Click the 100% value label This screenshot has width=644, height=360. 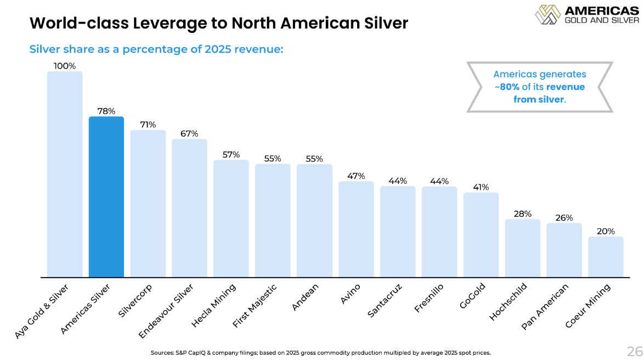pyautogui.click(x=64, y=66)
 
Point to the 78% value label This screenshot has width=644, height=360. pyautogui.click(x=106, y=111)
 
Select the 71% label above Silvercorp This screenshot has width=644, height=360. pyautogui.click(x=148, y=125)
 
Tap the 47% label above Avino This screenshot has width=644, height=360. pyautogui.click(x=356, y=176)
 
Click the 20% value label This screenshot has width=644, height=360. pyautogui.click(x=606, y=232)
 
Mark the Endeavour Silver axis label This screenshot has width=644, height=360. pyautogui.click(x=166, y=310)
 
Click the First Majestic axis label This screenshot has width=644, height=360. pyautogui.click(x=255, y=306)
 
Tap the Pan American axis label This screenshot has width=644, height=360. pyautogui.click(x=545, y=307)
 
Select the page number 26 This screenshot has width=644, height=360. pyautogui.click(x=634, y=351)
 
